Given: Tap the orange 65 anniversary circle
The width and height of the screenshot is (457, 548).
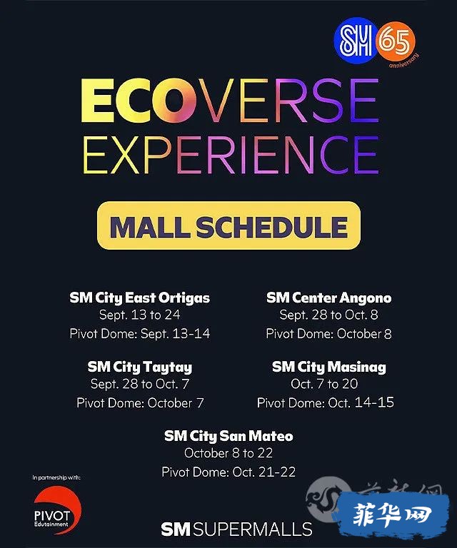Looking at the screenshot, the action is click(396, 42).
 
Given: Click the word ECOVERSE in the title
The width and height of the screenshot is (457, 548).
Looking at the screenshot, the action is click(231, 101).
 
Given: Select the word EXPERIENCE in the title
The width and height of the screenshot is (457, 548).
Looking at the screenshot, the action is click(231, 154).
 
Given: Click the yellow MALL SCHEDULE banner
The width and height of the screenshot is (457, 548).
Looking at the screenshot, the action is click(228, 225).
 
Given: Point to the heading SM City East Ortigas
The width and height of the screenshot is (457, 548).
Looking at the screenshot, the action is click(139, 298).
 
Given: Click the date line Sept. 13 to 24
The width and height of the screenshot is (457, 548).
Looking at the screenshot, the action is click(139, 315).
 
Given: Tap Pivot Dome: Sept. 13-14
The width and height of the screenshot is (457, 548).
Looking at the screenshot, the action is click(140, 333).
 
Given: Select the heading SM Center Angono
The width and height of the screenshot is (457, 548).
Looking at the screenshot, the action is click(328, 298).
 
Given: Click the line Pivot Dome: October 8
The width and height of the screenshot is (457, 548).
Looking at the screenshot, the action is click(328, 333).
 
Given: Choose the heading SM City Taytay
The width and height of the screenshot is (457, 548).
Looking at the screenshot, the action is click(140, 367).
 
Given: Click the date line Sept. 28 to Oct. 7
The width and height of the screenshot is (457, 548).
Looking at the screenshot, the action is click(140, 384).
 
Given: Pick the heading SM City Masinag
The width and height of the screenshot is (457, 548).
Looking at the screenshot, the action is click(329, 367).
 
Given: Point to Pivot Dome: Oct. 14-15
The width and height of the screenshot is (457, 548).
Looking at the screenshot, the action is click(326, 402).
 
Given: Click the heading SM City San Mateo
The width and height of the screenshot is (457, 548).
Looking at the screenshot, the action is click(228, 436).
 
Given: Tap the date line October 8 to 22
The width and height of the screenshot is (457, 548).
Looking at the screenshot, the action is click(228, 453).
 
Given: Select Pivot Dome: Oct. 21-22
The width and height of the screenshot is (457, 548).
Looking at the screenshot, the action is click(228, 472).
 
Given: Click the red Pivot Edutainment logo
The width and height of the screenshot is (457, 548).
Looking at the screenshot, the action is click(56, 510).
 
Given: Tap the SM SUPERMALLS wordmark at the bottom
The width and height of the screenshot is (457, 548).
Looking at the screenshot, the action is click(237, 529).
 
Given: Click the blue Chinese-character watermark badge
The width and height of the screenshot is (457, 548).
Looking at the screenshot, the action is click(391, 514).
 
